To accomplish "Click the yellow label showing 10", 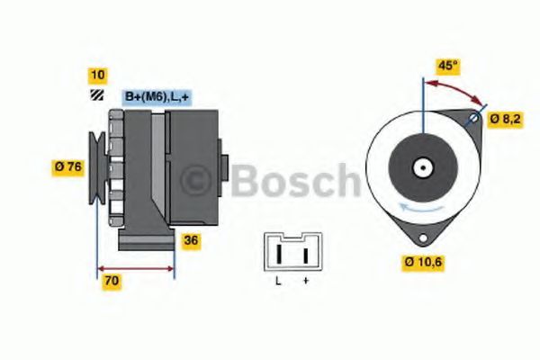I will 96,75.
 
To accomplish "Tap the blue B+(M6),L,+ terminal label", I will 157,97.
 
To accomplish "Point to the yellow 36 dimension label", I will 191,240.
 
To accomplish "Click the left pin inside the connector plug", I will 281,254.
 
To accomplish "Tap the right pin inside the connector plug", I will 305,254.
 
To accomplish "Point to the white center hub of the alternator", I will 421,167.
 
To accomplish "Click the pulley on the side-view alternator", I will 96,166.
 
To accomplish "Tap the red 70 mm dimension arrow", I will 135,267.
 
